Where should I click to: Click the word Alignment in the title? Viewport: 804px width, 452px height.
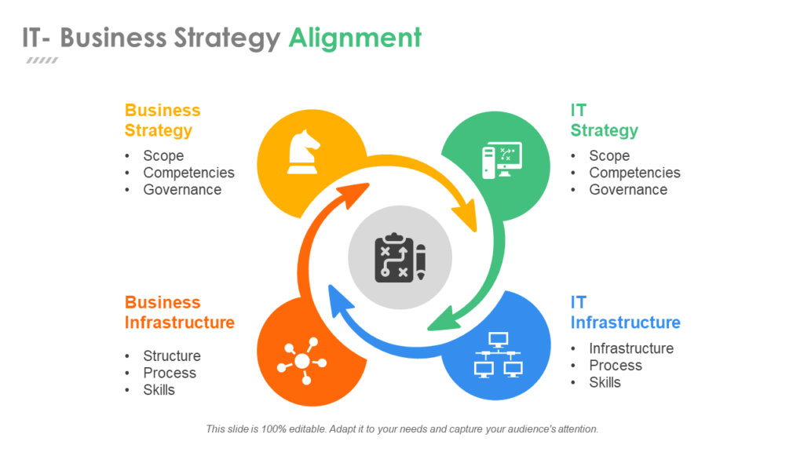coord(355,38)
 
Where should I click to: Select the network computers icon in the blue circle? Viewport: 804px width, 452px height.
coord(496,355)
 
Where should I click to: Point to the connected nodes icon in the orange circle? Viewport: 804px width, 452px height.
coord(300,361)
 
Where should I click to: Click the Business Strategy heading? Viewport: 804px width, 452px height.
coord(163,120)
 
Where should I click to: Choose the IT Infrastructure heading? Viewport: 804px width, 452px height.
coord(625,312)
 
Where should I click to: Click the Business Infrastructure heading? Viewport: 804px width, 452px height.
coord(179,312)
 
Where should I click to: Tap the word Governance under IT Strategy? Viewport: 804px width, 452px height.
coord(628,190)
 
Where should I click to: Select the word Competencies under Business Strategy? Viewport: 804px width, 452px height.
coord(188,173)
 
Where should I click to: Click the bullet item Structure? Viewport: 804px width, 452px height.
coord(171,356)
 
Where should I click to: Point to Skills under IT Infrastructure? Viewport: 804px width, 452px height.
coord(605,383)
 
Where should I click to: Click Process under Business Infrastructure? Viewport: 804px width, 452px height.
coord(170,374)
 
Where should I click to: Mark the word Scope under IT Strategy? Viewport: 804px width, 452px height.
coord(609,156)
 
